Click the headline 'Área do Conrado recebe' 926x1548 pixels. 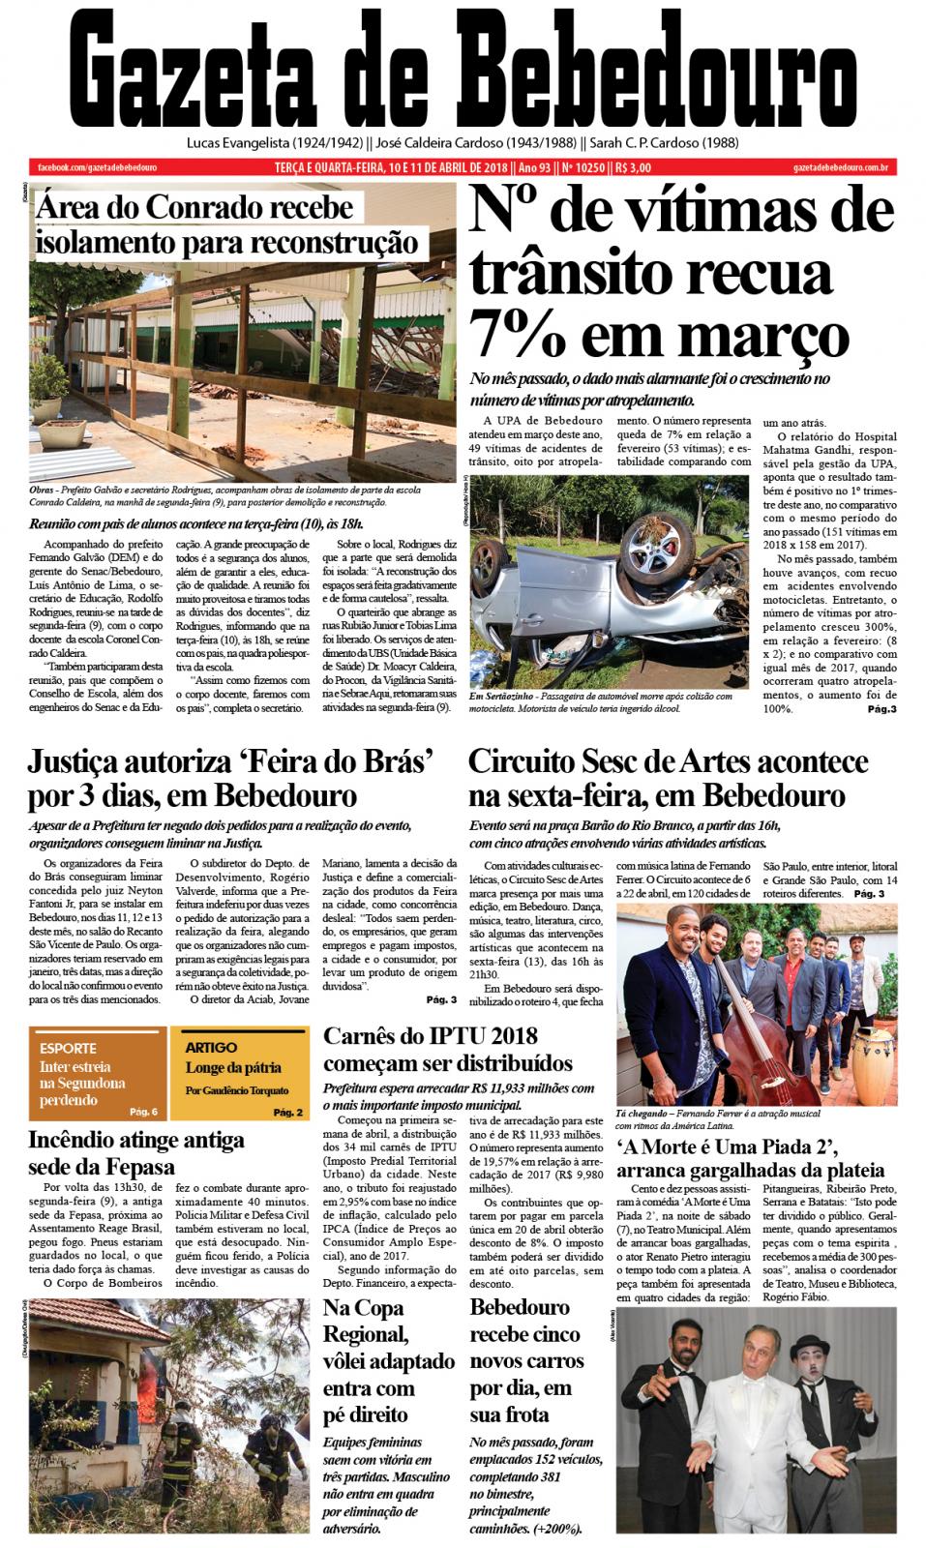coord(194,208)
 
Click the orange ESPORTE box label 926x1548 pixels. coord(68,1048)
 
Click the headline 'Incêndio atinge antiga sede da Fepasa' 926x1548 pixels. coord(135,1151)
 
